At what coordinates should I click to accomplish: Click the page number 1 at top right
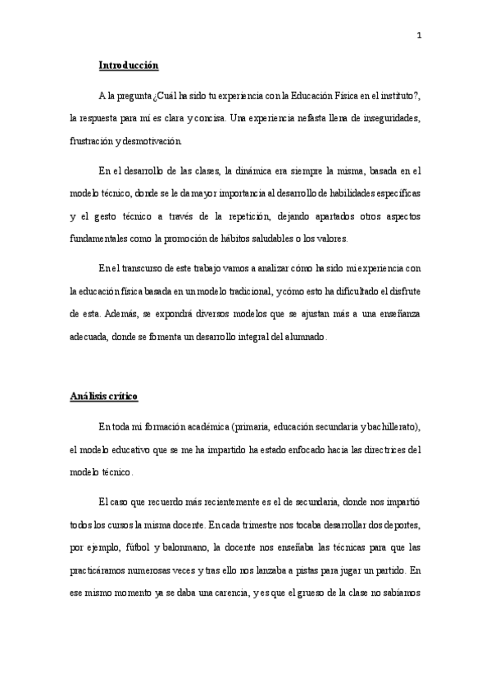(418, 35)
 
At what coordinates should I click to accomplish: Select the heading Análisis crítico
(103, 397)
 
